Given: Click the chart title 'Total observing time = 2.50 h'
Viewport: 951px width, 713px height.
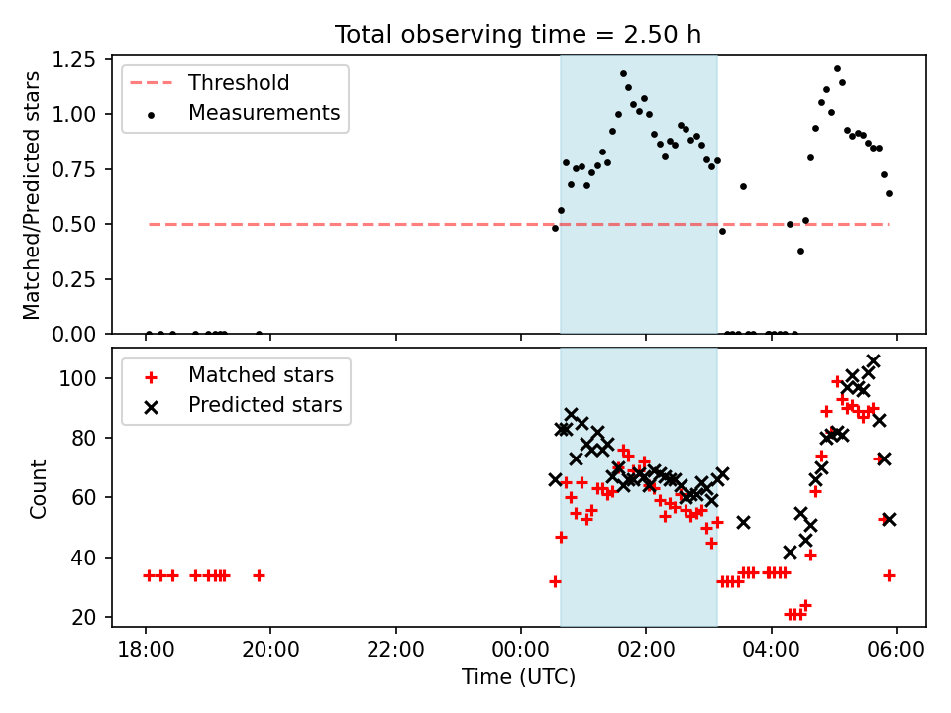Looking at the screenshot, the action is [x=518, y=35].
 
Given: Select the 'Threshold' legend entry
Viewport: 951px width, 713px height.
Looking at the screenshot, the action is [x=210, y=82].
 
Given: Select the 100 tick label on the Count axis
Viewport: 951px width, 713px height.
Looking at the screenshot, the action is [x=77, y=378].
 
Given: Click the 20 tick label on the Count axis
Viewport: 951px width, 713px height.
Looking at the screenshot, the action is [x=84, y=617].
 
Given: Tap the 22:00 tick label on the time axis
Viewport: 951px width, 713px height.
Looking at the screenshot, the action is [x=395, y=650].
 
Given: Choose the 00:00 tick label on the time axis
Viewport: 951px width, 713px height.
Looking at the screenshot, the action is [x=521, y=650].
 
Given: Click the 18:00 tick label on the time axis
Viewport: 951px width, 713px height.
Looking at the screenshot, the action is [x=146, y=650].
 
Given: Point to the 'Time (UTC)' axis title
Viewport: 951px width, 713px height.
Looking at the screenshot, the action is [x=518, y=676].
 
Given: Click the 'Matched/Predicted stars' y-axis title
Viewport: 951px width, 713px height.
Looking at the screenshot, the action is [x=32, y=195].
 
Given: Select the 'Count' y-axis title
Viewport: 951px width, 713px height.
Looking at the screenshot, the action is [x=39, y=488].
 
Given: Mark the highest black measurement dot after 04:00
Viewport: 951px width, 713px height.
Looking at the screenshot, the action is [x=837, y=68].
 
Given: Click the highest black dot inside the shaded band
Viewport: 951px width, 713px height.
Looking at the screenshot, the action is [x=623, y=74].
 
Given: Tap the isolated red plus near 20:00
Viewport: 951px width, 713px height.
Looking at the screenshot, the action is [x=259, y=575].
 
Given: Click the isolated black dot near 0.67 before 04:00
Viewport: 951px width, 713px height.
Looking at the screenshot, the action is [x=743, y=187].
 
